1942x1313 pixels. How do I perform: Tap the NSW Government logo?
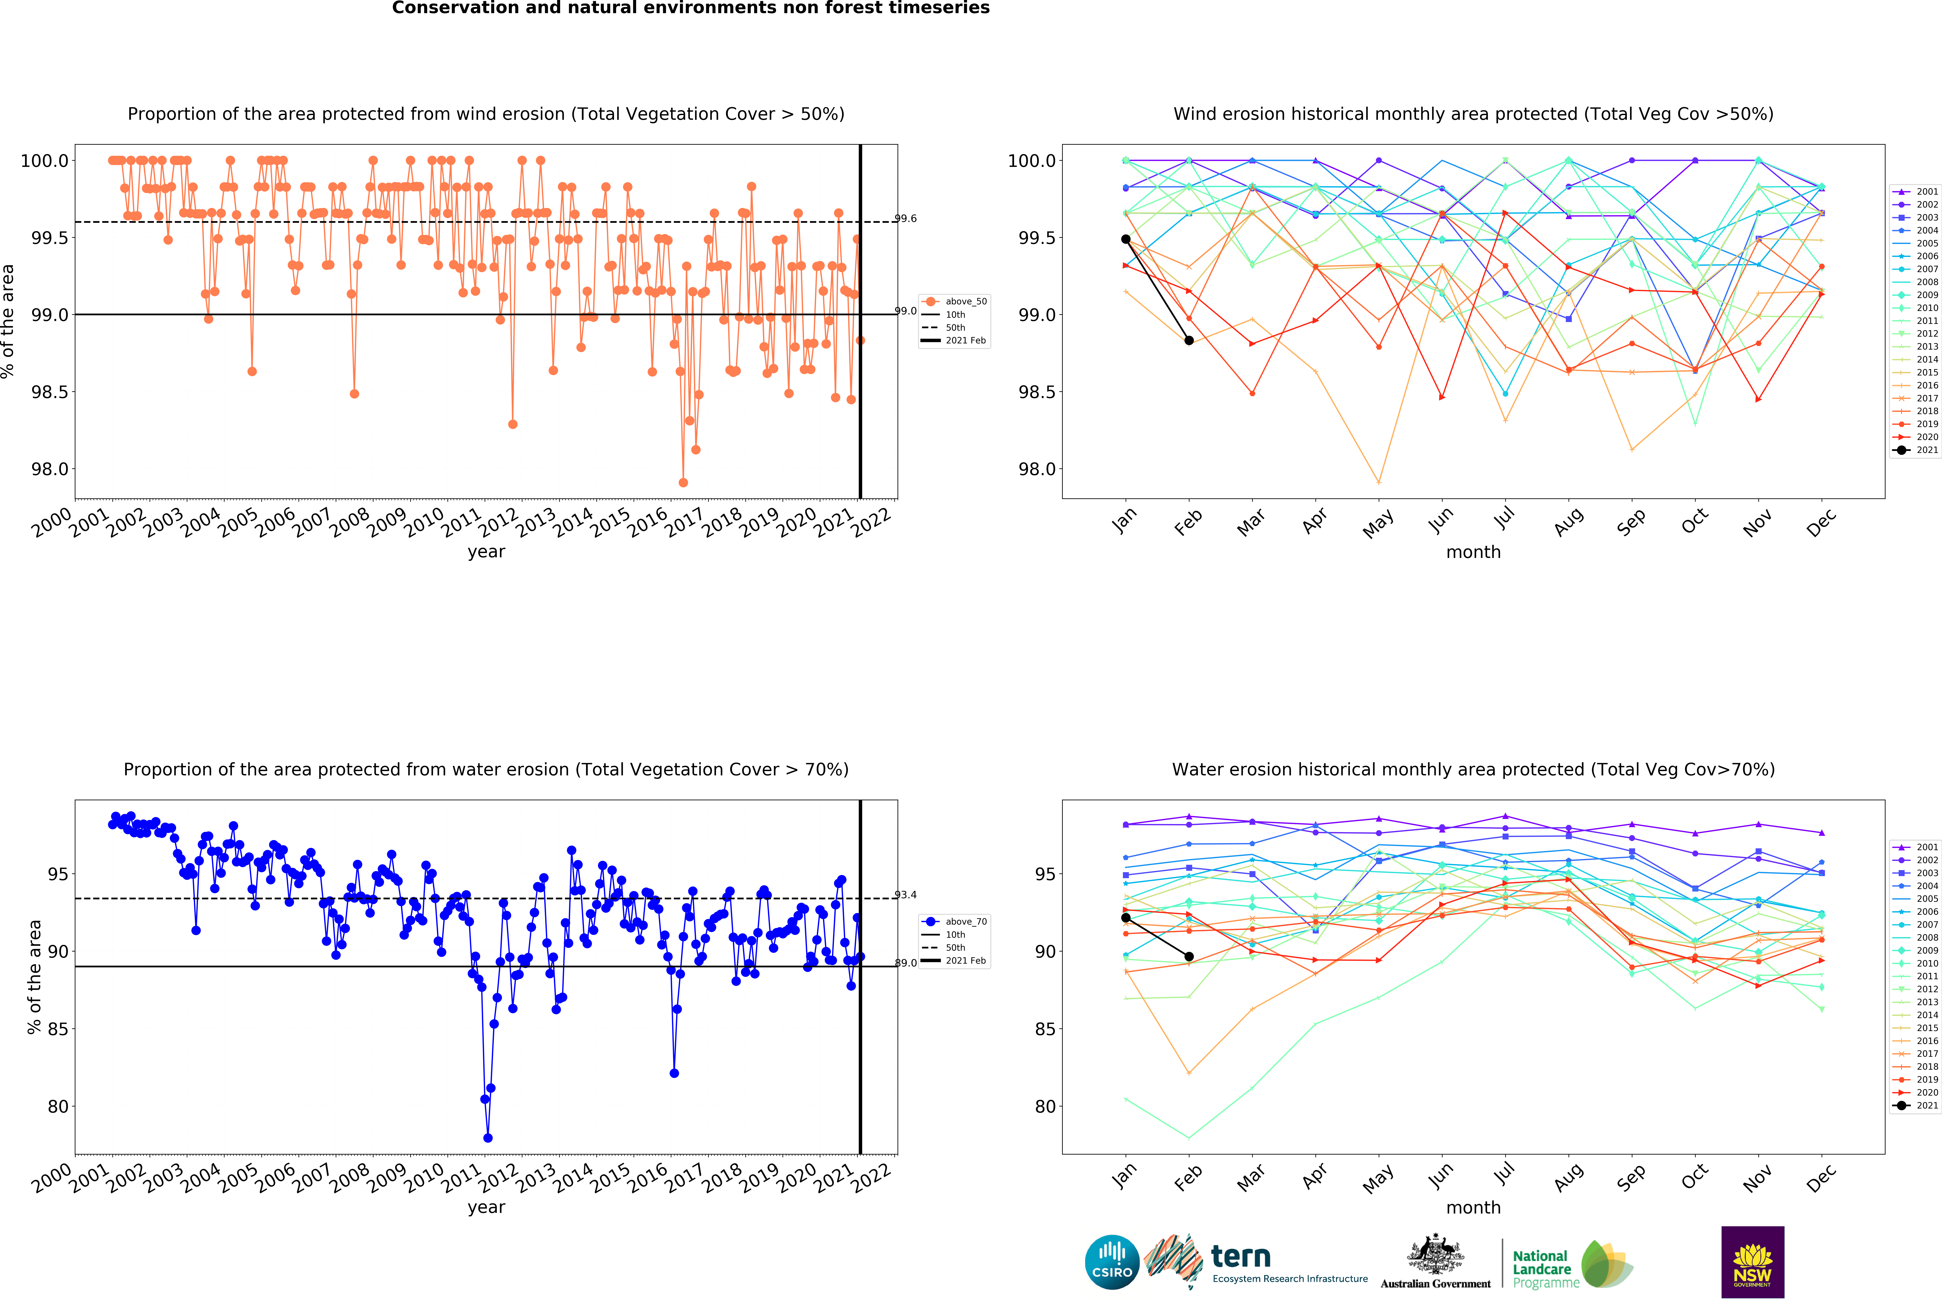(x=1752, y=1262)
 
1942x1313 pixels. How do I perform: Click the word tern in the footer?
(x=1241, y=1256)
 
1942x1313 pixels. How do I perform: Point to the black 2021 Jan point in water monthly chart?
(x=1126, y=918)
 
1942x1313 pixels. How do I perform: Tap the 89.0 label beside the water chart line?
(x=906, y=963)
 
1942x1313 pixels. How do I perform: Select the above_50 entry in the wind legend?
(x=965, y=302)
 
